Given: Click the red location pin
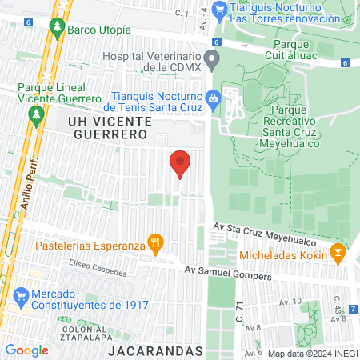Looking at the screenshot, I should (180, 163).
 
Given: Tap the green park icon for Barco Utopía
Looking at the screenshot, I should (57, 27).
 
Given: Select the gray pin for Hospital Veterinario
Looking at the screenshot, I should (212, 59).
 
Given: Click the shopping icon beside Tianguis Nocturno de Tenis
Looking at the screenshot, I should (212, 98).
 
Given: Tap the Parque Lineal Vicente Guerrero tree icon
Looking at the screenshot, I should (34, 116).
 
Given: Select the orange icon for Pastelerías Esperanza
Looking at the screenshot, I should (156, 242).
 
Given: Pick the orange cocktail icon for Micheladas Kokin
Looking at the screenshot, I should (338, 254).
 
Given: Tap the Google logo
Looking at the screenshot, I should (26, 350).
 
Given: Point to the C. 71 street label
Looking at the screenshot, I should (239, 308).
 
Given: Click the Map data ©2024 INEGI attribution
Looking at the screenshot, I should (310, 353).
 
